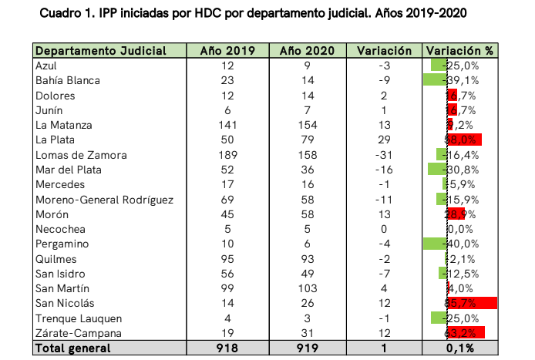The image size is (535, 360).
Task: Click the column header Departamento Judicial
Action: pos(100,51)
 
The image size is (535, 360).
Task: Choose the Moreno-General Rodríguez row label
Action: pos(104,200)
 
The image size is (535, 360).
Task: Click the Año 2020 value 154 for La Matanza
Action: pos(306,125)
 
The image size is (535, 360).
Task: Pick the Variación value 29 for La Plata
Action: pos(384,140)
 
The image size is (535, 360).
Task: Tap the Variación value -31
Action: pos(384,154)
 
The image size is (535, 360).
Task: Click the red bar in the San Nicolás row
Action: pos(472,303)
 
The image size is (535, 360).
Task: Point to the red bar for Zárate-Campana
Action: pos(466,333)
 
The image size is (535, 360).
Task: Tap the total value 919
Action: pos(306,348)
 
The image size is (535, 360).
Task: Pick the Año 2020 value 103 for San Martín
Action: pos(306,288)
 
